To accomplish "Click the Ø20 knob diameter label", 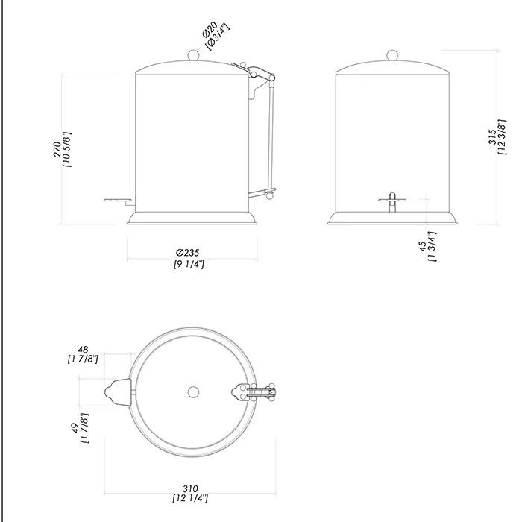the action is [210, 29].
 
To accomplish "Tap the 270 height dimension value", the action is [57, 149].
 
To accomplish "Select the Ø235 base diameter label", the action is [188, 252].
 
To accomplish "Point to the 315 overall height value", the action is [492, 136].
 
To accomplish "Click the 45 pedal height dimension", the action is [422, 246].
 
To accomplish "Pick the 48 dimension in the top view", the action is [83, 350].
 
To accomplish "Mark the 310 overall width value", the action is [190, 488].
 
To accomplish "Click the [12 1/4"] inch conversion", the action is [190, 498].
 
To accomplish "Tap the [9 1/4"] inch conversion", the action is [189, 264].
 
